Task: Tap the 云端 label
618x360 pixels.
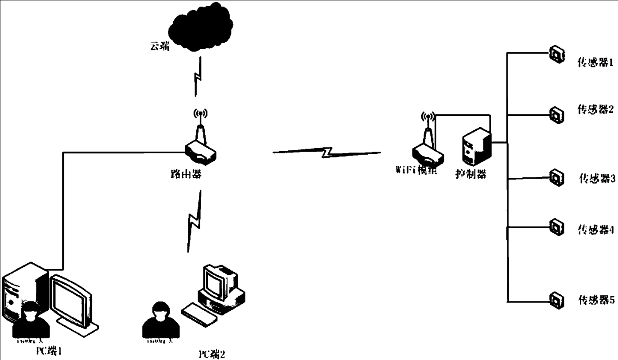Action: tap(159, 46)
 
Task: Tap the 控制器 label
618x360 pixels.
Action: tap(470, 174)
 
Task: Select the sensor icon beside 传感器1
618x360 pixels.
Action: tap(556, 54)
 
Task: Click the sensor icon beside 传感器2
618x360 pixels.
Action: tap(556, 115)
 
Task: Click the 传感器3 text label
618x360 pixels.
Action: tap(596, 179)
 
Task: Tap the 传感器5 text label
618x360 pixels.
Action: tap(596, 300)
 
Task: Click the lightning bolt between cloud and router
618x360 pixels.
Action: tap(198, 78)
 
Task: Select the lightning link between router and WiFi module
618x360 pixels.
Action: tap(326, 153)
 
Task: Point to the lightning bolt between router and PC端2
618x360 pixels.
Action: tap(194, 221)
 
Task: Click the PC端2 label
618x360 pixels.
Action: tap(212, 353)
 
